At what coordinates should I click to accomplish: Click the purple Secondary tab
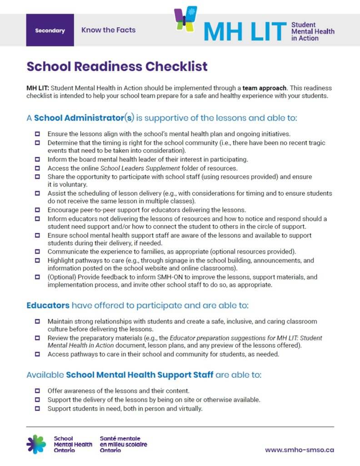(50, 30)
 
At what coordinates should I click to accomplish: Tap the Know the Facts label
(108, 30)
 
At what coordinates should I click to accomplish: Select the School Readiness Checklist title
(117, 66)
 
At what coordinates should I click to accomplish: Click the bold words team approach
(265, 88)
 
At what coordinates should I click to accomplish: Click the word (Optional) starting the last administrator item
(61, 277)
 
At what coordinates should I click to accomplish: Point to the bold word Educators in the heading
(48, 305)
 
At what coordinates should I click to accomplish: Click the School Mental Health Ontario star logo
(36, 444)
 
